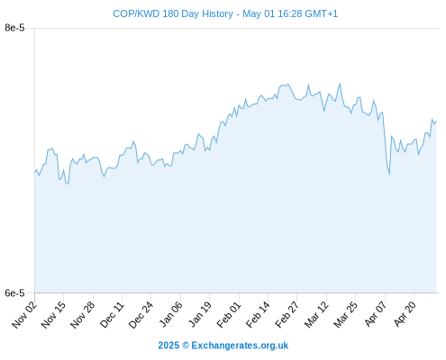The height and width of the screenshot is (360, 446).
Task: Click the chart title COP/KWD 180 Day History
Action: [x=173, y=13]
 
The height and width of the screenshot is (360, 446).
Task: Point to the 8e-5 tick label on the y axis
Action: [x=14, y=28]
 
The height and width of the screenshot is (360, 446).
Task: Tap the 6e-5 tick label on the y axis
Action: [x=14, y=292]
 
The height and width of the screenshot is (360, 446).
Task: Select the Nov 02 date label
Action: [x=24, y=314]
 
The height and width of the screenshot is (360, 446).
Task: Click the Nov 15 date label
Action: [x=53, y=314]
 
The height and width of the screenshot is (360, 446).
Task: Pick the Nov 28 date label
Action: [x=83, y=314]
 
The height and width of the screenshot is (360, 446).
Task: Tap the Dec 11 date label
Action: [x=112, y=314]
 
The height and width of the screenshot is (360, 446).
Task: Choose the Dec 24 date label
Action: [x=141, y=314]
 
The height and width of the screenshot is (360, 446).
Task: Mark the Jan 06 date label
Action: [x=170, y=314]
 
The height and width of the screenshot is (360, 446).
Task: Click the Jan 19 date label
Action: [x=199, y=314]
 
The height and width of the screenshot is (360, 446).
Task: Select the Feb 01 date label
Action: [x=229, y=314]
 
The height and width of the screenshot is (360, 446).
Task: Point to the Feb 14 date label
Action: [x=258, y=314]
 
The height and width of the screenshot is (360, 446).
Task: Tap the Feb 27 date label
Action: [x=287, y=314]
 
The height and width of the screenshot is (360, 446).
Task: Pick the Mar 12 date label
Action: [x=316, y=314]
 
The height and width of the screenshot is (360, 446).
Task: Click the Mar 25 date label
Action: [x=345, y=314]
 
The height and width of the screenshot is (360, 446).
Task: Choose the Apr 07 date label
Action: [x=375, y=314]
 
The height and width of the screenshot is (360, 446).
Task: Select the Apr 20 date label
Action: [x=405, y=314]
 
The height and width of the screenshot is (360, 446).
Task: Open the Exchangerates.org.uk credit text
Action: [x=240, y=346]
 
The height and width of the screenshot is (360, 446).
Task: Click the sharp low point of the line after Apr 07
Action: [x=389, y=175]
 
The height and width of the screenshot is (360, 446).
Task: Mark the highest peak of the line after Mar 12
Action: [x=340, y=84]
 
